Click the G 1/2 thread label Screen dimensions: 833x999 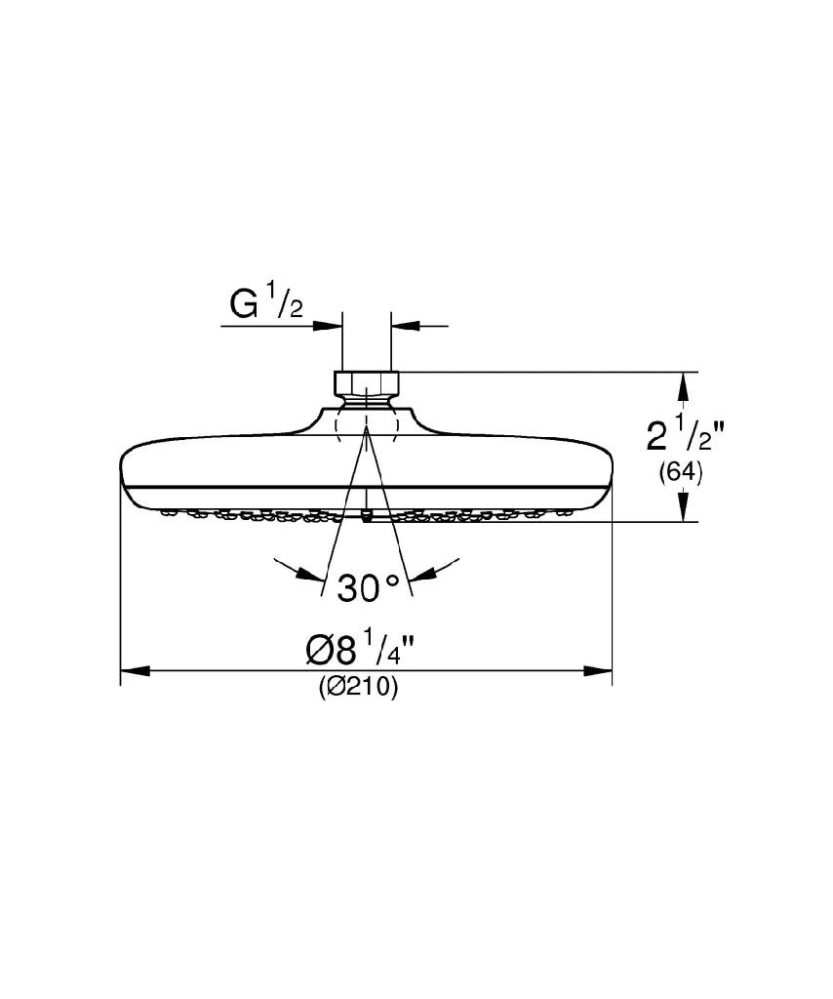266,304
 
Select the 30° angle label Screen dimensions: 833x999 368,587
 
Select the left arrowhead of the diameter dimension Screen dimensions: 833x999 135,670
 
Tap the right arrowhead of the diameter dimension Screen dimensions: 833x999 597,670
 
